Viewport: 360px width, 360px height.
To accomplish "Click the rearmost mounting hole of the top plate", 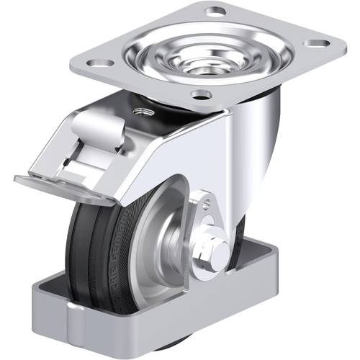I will click(215, 11).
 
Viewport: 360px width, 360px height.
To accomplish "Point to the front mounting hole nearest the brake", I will click(202, 94).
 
